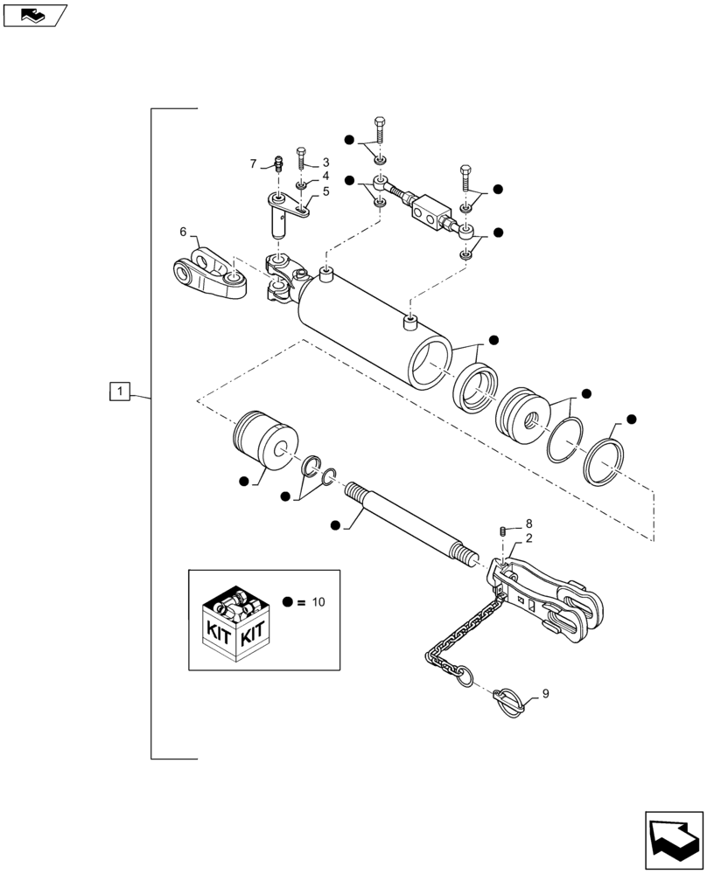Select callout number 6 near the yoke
(x=183, y=232)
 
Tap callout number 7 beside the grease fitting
(x=253, y=163)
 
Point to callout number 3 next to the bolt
(x=325, y=163)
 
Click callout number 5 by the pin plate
(x=325, y=191)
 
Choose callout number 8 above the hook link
(x=528, y=524)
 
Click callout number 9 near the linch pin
(x=545, y=694)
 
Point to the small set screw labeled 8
(x=504, y=531)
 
